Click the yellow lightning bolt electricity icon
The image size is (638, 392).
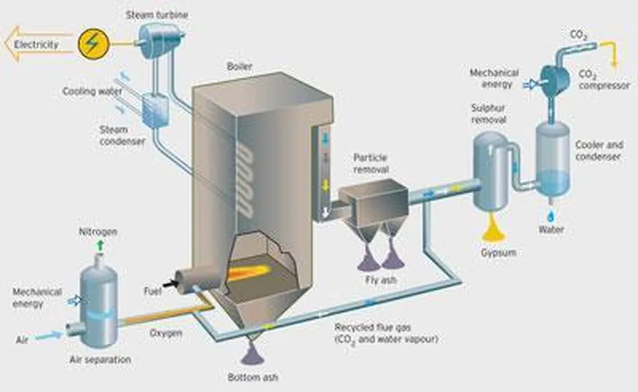click(x=94, y=44)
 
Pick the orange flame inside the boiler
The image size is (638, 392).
click(x=252, y=272)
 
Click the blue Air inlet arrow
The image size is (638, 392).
click(x=48, y=335)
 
